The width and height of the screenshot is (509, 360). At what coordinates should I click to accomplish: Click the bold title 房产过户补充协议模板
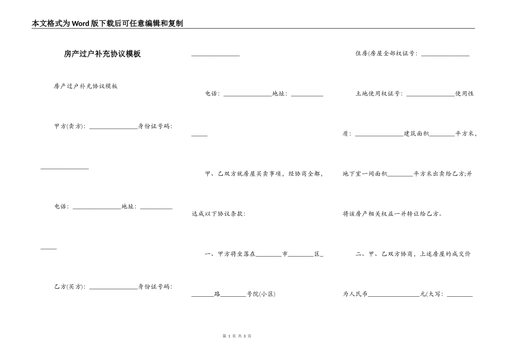[x=102, y=54]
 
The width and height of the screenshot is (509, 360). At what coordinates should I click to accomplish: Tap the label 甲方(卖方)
[x=69, y=126]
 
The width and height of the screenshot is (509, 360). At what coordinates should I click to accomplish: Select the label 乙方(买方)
[x=69, y=287]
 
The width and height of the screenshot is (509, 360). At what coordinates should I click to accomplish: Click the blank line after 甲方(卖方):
[x=113, y=128]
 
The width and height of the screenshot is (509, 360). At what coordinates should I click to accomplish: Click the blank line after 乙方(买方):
[x=113, y=289]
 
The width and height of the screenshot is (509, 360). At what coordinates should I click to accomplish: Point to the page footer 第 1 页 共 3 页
[x=237, y=336]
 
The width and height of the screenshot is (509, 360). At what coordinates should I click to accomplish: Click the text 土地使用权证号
[x=378, y=94]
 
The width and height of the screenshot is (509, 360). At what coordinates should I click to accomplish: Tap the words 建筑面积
[x=416, y=134]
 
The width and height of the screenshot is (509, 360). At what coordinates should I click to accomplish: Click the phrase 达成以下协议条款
[x=218, y=214]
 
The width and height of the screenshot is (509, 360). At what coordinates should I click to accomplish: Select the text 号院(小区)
[x=261, y=294]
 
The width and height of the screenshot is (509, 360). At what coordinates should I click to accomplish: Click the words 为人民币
[x=355, y=294]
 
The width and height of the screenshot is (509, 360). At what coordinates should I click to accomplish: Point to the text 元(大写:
[x=432, y=294]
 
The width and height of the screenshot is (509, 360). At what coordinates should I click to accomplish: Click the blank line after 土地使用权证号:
[x=430, y=95]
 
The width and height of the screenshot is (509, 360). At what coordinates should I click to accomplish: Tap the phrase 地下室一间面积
[x=364, y=174]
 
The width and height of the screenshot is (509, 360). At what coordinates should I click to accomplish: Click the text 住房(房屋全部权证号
[x=386, y=54]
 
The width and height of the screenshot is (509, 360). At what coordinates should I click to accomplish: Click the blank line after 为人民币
[x=394, y=296]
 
